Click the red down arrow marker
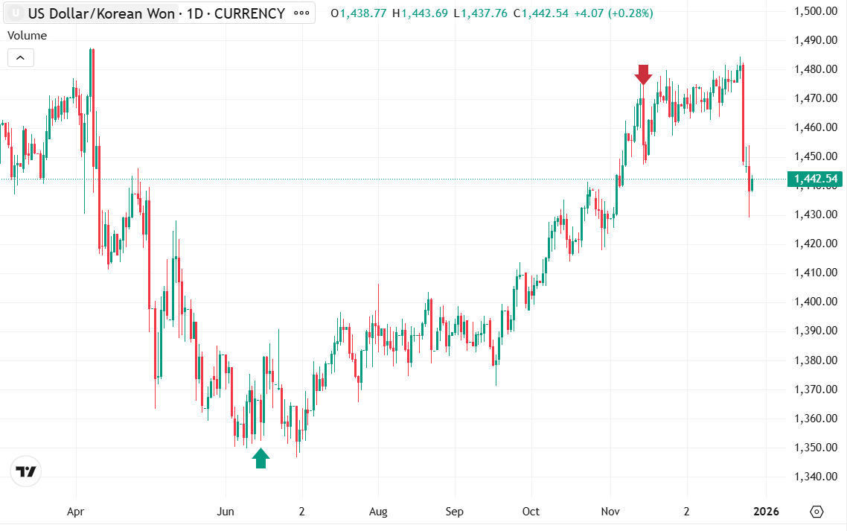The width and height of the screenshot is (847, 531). click(x=644, y=74)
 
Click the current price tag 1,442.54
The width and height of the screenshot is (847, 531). click(x=816, y=179)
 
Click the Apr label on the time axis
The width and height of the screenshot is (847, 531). click(x=76, y=512)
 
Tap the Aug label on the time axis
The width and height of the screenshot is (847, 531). click(x=378, y=512)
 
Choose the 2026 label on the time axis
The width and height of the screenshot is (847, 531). click(x=766, y=512)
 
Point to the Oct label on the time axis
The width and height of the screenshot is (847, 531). click(x=531, y=512)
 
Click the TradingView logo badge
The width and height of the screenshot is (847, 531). click(x=26, y=471)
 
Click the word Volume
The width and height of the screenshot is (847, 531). click(x=27, y=36)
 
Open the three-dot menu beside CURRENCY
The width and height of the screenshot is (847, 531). click(x=301, y=13)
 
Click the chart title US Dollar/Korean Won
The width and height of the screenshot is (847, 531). click(x=101, y=13)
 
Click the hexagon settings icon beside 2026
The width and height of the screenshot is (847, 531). click(x=816, y=512)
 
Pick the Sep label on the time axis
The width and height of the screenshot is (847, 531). click(x=454, y=512)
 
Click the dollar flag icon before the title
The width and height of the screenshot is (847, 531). click(x=14, y=13)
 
